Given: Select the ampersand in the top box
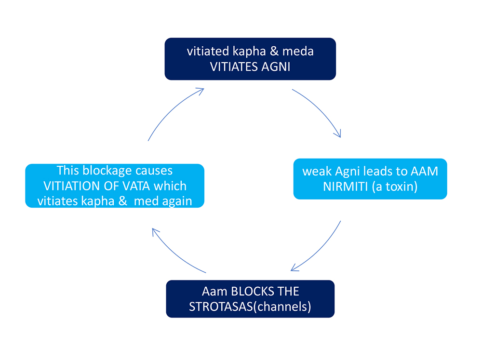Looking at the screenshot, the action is point(274,51).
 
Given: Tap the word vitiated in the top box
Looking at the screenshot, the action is point(208,51).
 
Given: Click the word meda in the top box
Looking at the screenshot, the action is point(298,51).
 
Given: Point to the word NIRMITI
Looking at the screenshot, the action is point(345,187).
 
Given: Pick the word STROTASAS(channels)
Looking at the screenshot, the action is point(250,307).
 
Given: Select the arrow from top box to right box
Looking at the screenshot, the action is point(320,109).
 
